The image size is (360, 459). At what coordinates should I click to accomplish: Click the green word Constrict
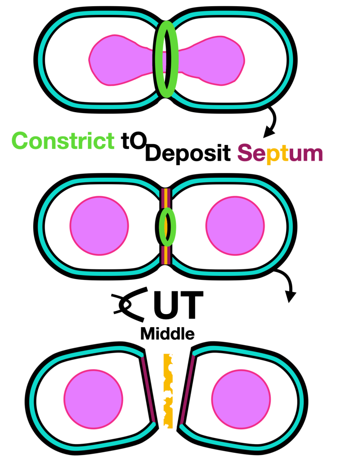(63, 141)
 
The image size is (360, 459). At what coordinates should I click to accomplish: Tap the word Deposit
(188, 153)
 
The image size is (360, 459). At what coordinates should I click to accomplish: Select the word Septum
(280, 153)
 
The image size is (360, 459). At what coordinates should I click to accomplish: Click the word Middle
(167, 333)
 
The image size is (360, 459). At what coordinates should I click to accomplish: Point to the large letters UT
(178, 305)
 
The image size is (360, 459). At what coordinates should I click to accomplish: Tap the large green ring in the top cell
(166, 59)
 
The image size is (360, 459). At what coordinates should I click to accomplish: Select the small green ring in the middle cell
(167, 227)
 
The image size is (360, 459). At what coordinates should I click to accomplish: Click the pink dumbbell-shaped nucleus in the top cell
(167, 60)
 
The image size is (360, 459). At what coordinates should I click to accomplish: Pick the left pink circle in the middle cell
(99, 226)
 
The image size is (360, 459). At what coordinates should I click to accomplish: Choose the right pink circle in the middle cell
(235, 226)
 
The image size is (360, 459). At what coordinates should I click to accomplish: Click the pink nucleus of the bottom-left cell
(93, 399)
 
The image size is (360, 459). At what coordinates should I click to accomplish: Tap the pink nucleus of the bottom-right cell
(241, 399)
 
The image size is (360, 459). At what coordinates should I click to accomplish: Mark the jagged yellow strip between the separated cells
(168, 391)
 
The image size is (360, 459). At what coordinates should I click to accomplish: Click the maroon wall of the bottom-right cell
(187, 389)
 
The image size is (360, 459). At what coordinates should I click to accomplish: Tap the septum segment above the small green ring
(166, 198)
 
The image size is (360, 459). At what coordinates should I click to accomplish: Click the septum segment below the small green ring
(166, 255)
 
